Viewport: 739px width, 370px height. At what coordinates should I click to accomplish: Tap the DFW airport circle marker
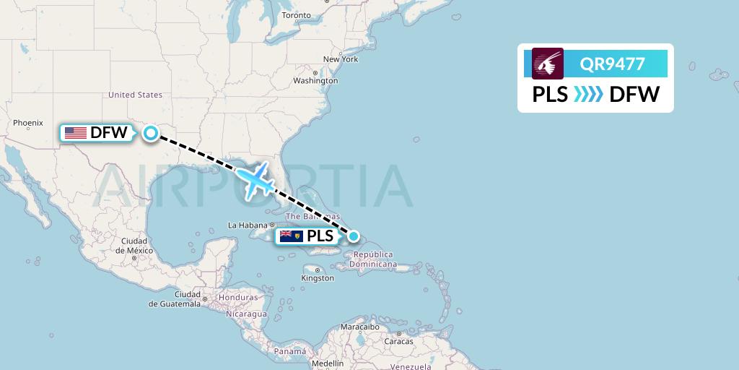(x=150, y=132)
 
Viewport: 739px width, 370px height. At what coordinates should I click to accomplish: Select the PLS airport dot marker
(x=354, y=236)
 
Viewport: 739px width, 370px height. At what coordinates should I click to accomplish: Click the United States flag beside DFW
(x=75, y=133)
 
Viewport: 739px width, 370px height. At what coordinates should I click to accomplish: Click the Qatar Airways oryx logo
(x=548, y=64)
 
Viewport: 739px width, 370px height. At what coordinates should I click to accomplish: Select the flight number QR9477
(x=612, y=64)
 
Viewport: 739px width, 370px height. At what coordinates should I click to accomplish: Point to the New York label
(x=341, y=59)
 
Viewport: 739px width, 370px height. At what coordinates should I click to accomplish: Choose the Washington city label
(x=315, y=81)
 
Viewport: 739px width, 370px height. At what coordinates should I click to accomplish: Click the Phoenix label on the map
(x=28, y=124)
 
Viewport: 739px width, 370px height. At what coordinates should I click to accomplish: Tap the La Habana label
(x=242, y=225)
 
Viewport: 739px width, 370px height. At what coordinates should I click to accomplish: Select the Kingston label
(x=318, y=277)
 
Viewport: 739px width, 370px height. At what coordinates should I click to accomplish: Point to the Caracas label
(x=398, y=340)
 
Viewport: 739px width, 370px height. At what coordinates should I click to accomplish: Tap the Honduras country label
(x=239, y=297)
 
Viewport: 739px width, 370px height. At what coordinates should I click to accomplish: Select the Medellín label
(x=328, y=363)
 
